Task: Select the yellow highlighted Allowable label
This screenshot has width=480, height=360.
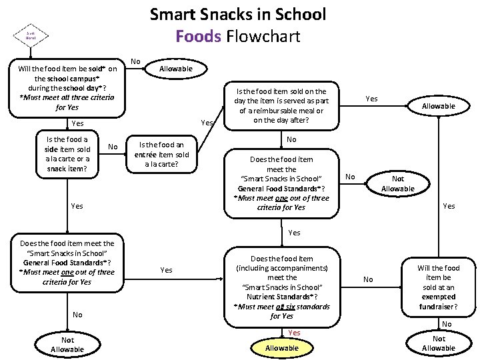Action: click(x=282, y=348)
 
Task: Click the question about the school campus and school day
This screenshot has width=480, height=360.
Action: click(x=67, y=87)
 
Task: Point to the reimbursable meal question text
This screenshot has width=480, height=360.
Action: click(x=281, y=106)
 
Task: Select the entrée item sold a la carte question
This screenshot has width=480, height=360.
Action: click(x=161, y=154)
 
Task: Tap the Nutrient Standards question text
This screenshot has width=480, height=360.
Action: click(x=281, y=287)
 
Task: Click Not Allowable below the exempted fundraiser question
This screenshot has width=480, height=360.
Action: click(x=439, y=343)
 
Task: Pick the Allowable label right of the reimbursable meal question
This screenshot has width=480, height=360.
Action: click(x=439, y=106)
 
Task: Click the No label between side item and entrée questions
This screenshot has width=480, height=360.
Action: click(x=113, y=147)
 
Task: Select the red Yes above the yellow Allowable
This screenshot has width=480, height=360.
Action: click(x=294, y=333)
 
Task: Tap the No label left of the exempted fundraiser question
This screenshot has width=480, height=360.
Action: click(x=368, y=279)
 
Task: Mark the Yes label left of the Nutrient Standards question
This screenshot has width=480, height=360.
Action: click(x=167, y=270)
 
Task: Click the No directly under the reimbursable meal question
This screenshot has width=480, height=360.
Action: click(x=291, y=140)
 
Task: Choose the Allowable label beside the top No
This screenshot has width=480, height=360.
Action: click(x=175, y=69)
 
